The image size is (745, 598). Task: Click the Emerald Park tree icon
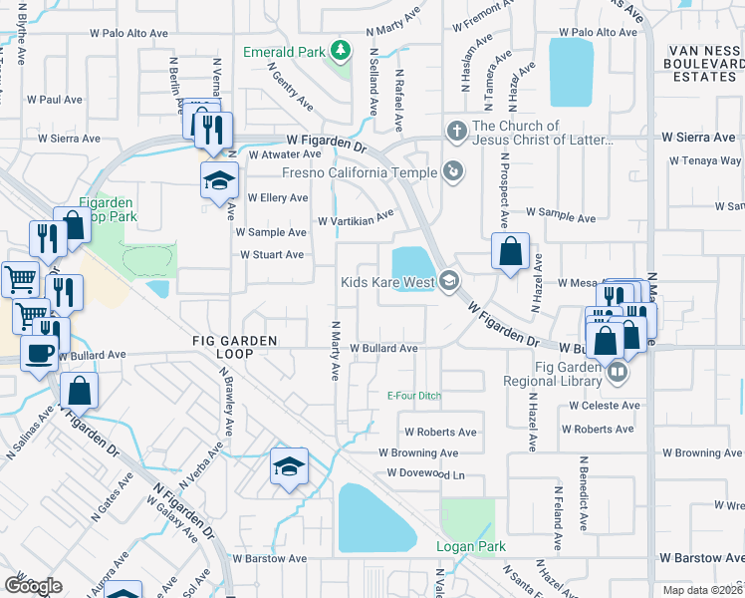coord(340,50)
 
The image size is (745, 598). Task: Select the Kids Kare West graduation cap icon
coord(448,282)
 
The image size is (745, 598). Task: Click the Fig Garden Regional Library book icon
coord(618,373)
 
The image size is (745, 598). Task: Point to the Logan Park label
coord(471,546)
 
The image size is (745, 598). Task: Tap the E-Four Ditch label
coord(413,396)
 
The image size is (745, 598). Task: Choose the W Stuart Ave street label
coord(271,254)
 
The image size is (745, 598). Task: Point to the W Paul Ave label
coord(55,100)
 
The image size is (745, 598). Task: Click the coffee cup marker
coord(40,353)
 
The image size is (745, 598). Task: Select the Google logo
coord(33,586)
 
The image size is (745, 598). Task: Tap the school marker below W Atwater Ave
coord(219,180)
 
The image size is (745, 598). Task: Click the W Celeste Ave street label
coord(604,406)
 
